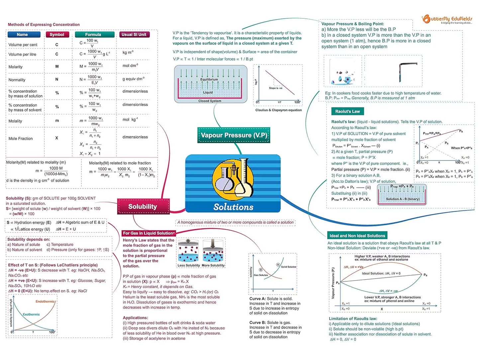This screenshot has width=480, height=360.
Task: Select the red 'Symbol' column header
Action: (x=57, y=35)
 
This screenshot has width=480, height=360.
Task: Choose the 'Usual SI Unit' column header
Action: (x=134, y=35)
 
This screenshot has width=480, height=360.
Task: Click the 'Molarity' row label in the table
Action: (x=16, y=67)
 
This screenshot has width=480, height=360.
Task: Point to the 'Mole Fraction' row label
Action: (x=21, y=138)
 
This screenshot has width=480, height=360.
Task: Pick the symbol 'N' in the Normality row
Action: (x=57, y=79)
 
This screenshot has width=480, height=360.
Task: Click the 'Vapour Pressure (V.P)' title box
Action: (x=234, y=135)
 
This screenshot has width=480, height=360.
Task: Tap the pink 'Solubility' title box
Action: (x=143, y=207)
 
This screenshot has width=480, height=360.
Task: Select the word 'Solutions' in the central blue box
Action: (x=233, y=207)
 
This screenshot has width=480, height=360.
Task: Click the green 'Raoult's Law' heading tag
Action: (x=347, y=111)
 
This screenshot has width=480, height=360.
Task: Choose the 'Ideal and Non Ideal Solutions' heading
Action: (x=357, y=236)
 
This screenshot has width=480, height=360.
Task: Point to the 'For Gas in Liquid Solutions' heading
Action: (x=148, y=233)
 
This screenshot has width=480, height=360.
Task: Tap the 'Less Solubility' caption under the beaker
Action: (x=189, y=265)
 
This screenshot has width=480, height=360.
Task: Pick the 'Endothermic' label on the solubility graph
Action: (x=45, y=302)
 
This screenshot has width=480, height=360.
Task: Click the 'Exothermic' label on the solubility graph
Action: (x=31, y=314)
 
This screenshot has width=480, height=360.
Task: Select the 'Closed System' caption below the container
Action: (x=210, y=101)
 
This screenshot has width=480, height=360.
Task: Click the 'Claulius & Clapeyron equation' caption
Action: (x=278, y=110)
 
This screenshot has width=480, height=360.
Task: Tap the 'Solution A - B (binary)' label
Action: (x=403, y=199)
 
